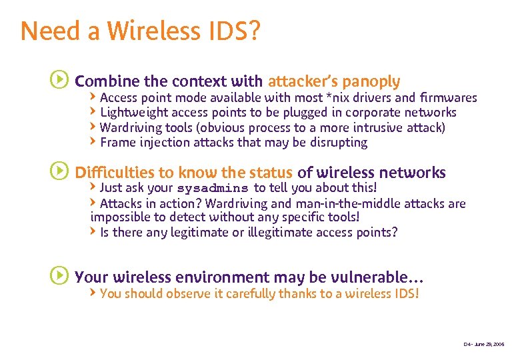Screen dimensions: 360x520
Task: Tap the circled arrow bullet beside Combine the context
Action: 59,81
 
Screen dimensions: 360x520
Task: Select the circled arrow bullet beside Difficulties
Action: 59,171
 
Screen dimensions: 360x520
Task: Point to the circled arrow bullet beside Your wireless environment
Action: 59,275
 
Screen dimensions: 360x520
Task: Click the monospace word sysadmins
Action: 213,189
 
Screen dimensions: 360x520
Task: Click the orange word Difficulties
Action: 115,172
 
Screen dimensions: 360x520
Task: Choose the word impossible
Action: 117,217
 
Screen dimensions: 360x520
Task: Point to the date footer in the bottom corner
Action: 484,344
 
